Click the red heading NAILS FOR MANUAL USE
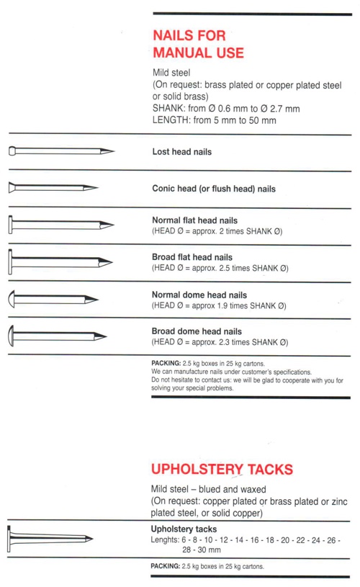click(x=198, y=44)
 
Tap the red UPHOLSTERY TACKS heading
click(x=222, y=469)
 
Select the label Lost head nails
click(x=182, y=152)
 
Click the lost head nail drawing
click(x=61, y=151)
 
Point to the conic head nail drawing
click(x=53, y=187)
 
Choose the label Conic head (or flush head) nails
click(x=214, y=188)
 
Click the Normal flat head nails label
click(x=194, y=220)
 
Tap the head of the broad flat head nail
click(x=11, y=261)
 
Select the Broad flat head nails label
click(x=192, y=257)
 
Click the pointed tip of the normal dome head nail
click(x=98, y=299)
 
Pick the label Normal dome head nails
click(x=199, y=295)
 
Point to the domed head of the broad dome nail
click(x=11, y=336)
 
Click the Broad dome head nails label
click(x=197, y=331)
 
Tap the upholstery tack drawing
click(x=50, y=539)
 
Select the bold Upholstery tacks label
click(x=184, y=529)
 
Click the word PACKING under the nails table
click(x=166, y=363)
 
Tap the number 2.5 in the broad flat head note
click(x=223, y=268)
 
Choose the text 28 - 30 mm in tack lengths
click(x=202, y=550)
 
